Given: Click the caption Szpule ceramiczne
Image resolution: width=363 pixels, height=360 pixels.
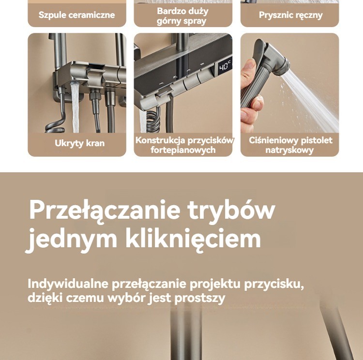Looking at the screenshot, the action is [76, 15].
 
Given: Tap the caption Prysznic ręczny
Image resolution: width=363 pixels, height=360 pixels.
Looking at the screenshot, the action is [290, 15].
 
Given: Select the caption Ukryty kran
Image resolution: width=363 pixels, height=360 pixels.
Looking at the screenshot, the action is [80, 143].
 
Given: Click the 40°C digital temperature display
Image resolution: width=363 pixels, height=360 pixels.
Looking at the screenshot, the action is [225, 67].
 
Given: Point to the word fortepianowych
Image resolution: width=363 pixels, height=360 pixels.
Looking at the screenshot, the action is [183, 150].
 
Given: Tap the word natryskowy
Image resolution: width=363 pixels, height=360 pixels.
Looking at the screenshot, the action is [289, 150].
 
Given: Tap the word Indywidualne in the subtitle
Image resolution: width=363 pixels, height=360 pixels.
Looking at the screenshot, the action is [68, 284].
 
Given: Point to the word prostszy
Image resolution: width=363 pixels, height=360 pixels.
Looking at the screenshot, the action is [199, 298].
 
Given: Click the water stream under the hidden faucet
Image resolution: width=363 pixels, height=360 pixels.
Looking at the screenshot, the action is [75, 107].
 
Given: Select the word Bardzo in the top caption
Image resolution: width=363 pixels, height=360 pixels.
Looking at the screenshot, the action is [169, 11].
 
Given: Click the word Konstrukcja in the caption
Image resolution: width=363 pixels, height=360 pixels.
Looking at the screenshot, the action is [160, 140].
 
